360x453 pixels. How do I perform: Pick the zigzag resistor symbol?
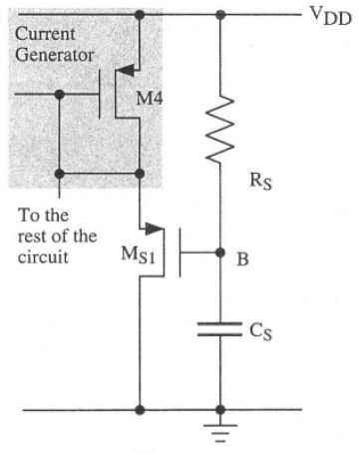[218, 127]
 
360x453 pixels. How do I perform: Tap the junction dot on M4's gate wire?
[60, 95]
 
